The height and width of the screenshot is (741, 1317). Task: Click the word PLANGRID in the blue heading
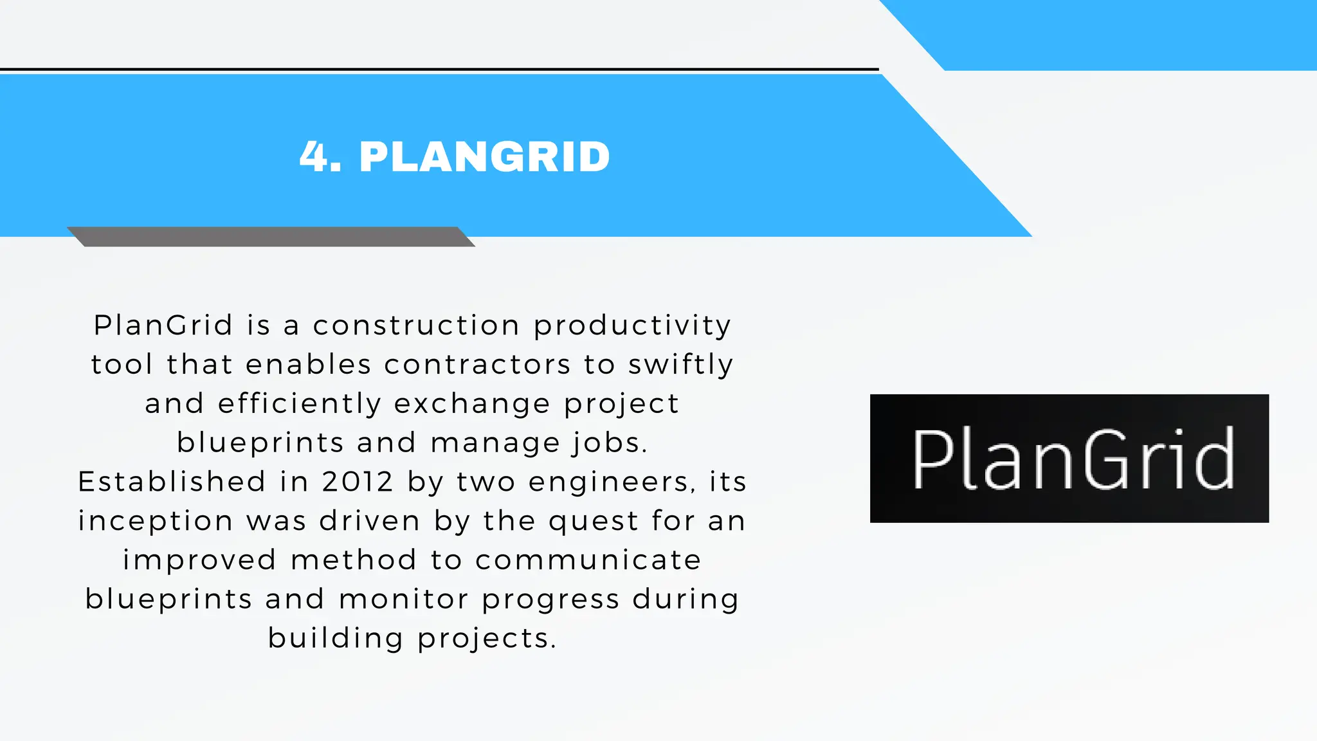pyautogui.click(x=484, y=157)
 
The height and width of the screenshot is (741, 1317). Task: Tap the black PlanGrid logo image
pyautogui.click(x=1069, y=458)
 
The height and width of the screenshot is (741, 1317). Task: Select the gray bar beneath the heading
pyautogui.click(x=271, y=236)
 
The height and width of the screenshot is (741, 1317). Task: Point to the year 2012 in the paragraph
pyautogui.click(x=358, y=482)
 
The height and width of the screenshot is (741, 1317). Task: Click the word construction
pyautogui.click(x=416, y=325)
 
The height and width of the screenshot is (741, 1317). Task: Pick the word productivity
pyautogui.click(x=632, y=325)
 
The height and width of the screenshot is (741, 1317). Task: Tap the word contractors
pyautogui.click(x=477, y=365)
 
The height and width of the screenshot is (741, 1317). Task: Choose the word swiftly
pyautogui.click(x=680, y=365)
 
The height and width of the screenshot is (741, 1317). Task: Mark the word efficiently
pyautogui.click(x=300, y=404)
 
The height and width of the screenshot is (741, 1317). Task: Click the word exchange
pyautogui.click(x=472, y=404)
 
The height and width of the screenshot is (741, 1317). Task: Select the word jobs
pyautogui.click(x=609, y=443)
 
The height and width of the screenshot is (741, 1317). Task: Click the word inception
pyautogui.click(x=156, y=521)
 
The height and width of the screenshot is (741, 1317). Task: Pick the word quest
pyautogui.click(x=593, y=521)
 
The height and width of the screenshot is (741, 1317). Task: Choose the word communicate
pyautogui.click(x=588, y=560)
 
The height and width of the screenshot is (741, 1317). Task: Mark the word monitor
pyautogui.click(x=404, y=599)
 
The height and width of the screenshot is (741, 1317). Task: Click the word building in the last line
pyautogui.click(x=336, y=639)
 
